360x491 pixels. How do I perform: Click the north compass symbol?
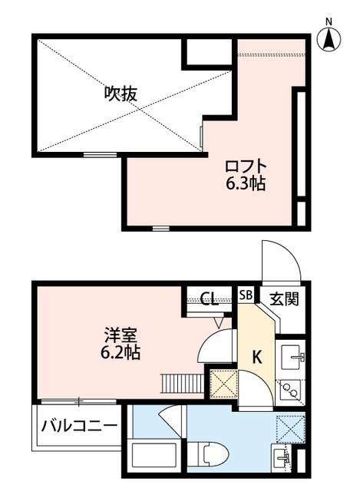click(x=329, y=38)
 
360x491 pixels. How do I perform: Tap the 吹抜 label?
click(x=121, y=94)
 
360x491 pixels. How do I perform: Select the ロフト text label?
click(x=246, y=166)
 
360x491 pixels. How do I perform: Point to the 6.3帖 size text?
click(x=246, y=184)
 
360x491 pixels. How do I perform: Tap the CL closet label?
click(x=209, y=298)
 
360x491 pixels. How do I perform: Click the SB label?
click(x=247, y=295)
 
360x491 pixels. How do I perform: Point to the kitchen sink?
click(x=292, y=358)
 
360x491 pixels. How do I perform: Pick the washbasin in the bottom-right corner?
click(x=283, y=459)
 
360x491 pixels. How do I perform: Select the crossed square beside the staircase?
click(x=223, y=383)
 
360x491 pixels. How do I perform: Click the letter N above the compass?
click(x=329, y=20)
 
